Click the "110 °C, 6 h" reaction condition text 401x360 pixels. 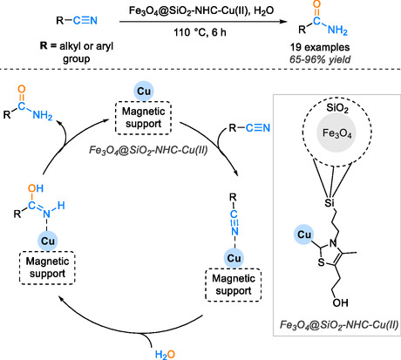tap(200, 32)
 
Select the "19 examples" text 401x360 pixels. tap(320, 47)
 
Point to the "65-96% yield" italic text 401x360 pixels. tap(320, 59)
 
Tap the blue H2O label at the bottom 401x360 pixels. tap(165, 355)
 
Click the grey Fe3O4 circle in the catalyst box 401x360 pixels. tap(336, 133)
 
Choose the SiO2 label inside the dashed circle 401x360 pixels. tap(337, 108)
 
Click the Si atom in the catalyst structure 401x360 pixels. tap(330, 202)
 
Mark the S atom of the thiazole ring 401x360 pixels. tap(321, 262)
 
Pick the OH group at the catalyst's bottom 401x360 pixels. tap(341, 302)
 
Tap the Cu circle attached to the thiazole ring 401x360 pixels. tap(304, 234)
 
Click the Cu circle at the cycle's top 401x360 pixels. tap(144, 91)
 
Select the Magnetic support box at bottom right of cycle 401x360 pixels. tap(234, 285)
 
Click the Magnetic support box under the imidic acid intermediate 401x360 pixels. tap(47, 268)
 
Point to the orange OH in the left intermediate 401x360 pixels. tap(36, 188)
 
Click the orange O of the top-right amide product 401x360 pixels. tap(317, 4)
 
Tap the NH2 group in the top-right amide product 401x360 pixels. tap(337, 30)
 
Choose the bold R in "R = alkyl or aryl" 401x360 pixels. tap(44, 46)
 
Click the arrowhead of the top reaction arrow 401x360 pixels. tap(283, 21)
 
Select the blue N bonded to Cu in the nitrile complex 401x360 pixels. tap(234, 231)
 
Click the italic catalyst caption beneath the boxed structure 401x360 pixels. tap(339, 324)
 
